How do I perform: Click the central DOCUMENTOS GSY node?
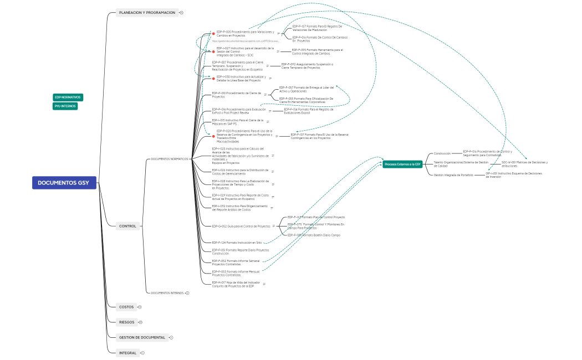(64, 183)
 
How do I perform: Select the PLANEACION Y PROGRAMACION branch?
(147, 12)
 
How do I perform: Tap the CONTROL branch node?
(127, 226)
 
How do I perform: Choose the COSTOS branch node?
(126, 307)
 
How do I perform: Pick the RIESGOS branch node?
(126, 322)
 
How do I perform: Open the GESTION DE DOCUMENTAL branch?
(142, 337)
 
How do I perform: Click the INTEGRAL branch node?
(127, 353)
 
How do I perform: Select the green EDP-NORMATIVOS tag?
(68, 97)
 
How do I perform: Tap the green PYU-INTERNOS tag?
(65, 106)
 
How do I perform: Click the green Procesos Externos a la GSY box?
(402, 164)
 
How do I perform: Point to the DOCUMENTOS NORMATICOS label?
(169, 159)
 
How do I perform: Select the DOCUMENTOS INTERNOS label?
(167, 292)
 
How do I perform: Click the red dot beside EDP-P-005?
(213, 34)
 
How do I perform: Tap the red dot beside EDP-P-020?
(213, 135)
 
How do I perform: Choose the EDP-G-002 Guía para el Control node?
(241, 226)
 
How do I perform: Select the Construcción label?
(442, 153)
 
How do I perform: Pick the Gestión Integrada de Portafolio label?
(453, 174)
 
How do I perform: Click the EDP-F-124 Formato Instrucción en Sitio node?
(237, 243)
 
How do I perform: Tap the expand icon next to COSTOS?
(140, 307)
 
